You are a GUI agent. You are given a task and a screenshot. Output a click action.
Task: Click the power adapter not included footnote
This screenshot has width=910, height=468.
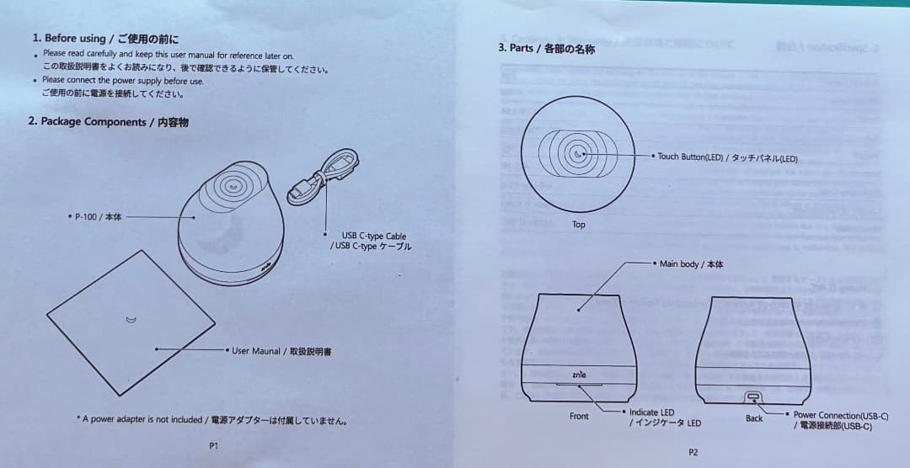tap(211, 419)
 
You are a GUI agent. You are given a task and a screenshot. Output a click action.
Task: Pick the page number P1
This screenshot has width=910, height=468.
tap(214, 446)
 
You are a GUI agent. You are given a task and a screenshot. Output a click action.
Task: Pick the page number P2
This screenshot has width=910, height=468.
tap(693, 452)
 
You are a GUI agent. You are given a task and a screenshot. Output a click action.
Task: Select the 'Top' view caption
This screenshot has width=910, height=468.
tap(578, 225)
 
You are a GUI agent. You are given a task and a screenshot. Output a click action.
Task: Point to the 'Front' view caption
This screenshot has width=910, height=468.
tap(579, 416)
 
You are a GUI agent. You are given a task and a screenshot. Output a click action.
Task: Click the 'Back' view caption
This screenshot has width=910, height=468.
tap(753, 417)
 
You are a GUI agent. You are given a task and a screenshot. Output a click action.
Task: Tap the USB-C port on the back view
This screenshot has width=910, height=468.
tap(753, 396)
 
